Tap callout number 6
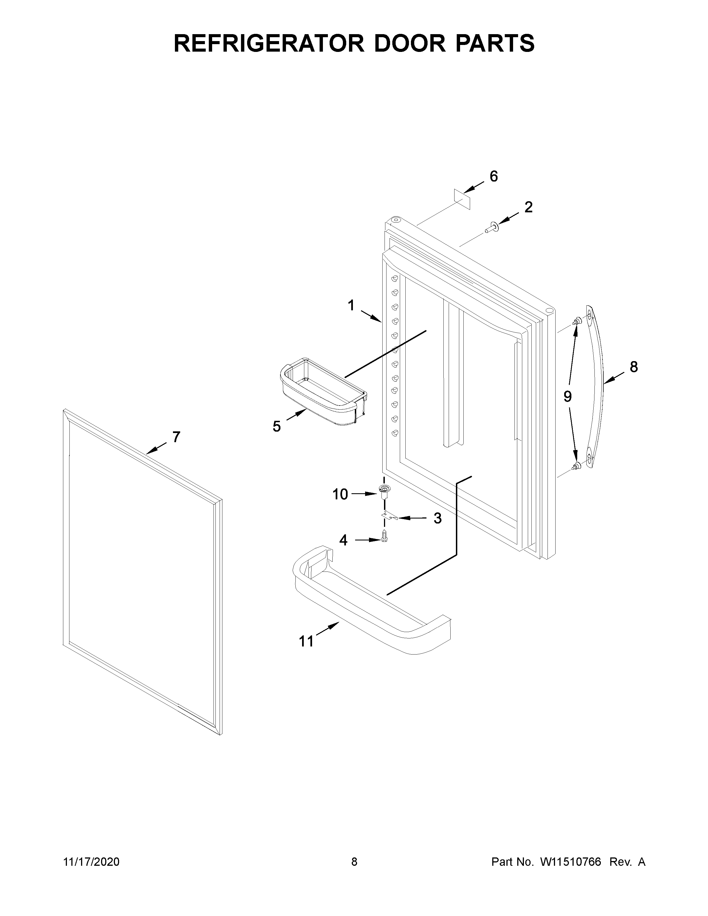494,177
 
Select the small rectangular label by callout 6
462,199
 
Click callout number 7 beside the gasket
176,437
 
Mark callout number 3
438,519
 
